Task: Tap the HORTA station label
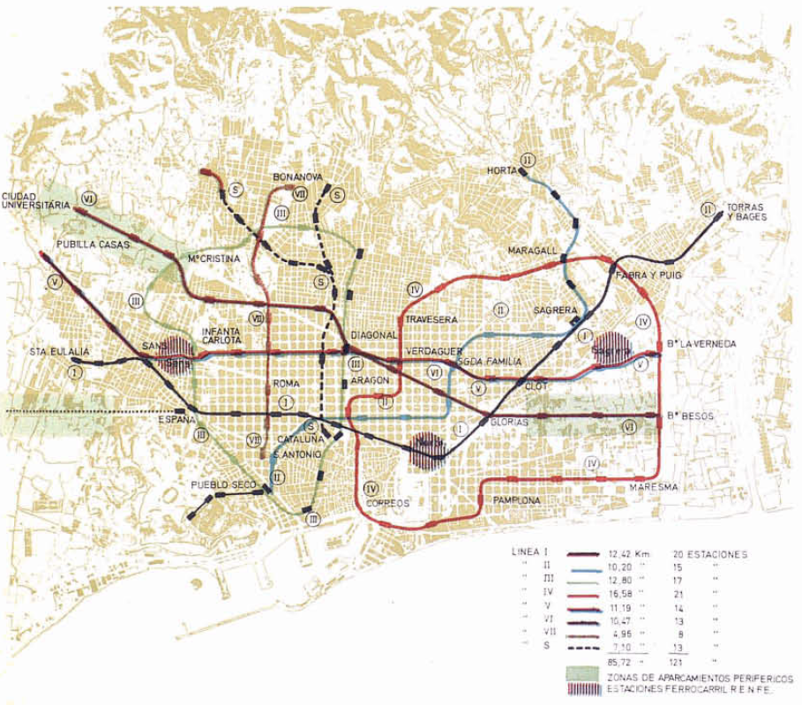[x=501, y=170]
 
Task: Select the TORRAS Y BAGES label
[x=746, y=212]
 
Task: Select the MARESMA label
[x=653, y=487]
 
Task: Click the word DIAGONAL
[x=376, y=335]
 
